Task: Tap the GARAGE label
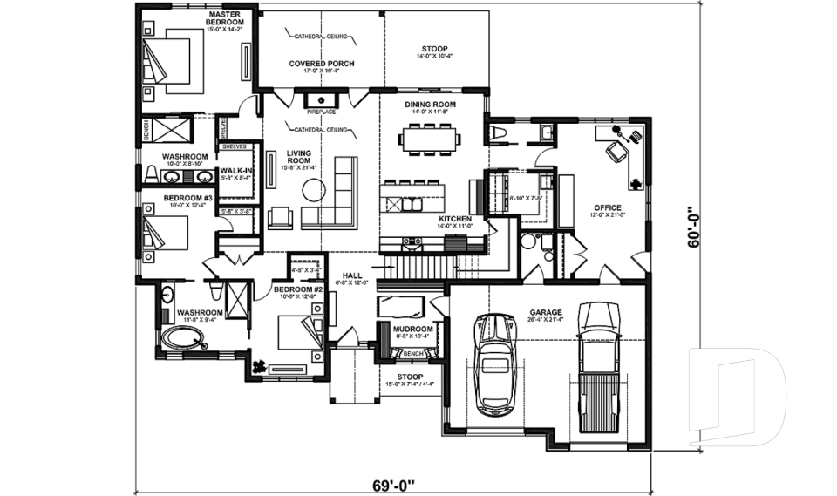[x=545, y=311]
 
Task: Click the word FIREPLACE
[x=321, y=112]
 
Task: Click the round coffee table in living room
[x=313, y=188]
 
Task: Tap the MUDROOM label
[x=409, y=328]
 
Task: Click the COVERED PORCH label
[x=320, y=64]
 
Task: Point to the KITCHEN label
[x=454, y=218]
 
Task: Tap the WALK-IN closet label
[x=235, y=171]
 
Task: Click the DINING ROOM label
[x=431, y=104]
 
